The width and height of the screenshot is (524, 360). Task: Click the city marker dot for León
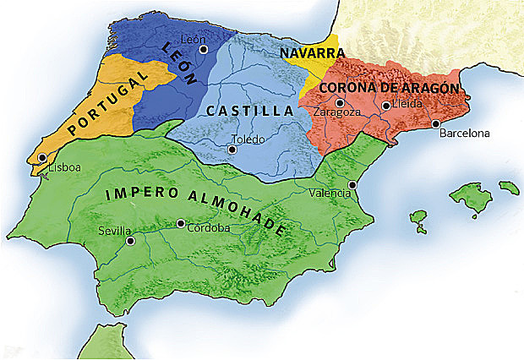click(203, 50)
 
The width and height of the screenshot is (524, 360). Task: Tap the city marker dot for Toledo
click(232, 150)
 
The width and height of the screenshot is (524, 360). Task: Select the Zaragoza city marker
click(339, 103)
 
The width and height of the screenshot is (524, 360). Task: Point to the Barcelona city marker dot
click(436, 124)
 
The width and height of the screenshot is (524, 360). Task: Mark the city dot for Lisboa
click(42, 158)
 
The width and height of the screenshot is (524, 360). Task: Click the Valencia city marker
click(352, 184)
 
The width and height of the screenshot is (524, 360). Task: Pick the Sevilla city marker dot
click(130, 241)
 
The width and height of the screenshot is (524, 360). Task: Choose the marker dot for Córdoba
click(181, 224)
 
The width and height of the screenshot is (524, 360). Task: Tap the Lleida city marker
click(385, 106)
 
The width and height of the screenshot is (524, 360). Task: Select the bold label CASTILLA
click(248, 111)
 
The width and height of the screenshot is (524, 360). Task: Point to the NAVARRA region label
click(306, 52)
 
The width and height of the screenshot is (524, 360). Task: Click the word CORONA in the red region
click(348, 87)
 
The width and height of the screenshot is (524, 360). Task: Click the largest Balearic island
click(470, 196)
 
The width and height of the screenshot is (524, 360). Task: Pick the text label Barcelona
click(464, 133)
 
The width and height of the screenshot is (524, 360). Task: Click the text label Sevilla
click(114, 230)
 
